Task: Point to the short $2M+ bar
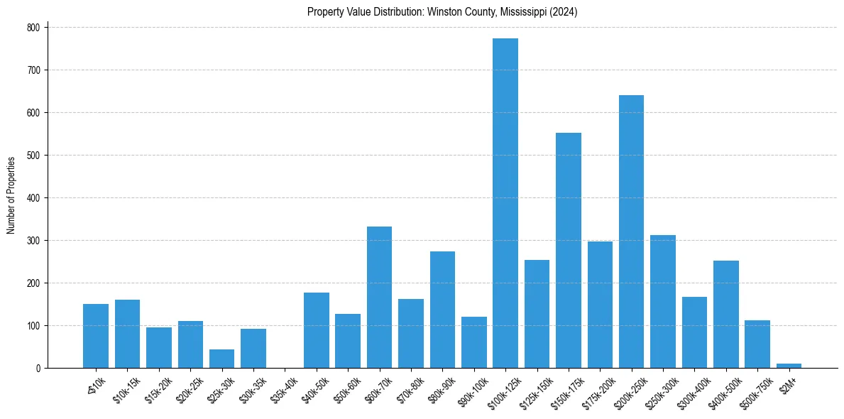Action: pyautogui.click(x=789, y=366)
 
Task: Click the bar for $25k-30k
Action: pyautogui.click(x=221, y=359)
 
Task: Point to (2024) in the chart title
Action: pyautogui.click(x=567, y=12)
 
